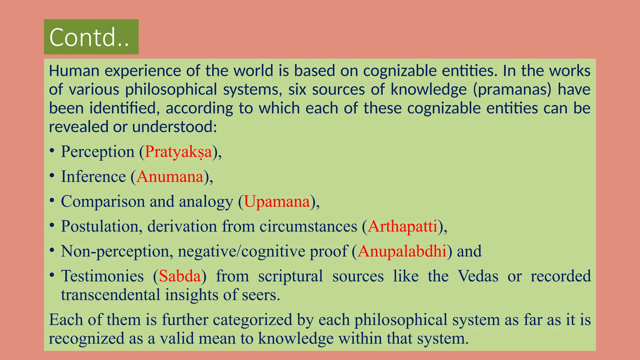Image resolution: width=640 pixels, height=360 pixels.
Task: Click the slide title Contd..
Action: [x=89, y=37]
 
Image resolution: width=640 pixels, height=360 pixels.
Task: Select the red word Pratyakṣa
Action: [x=178, y=152]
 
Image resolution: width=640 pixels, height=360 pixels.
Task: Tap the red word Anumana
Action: [x=170, y=177]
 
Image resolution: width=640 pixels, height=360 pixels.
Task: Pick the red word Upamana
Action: [x=277, y=202]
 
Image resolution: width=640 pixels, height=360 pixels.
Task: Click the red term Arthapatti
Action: [x=402, y=226]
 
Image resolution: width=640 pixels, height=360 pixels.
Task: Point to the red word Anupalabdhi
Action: [x=402, y=251]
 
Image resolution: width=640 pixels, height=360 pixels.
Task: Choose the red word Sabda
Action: [x=180, y=276]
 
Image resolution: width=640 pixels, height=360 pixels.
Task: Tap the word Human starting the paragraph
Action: [x=74, y=71]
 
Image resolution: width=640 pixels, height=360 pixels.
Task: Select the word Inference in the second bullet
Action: [x=93, y=177]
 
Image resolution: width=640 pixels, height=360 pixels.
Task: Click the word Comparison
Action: [x=103, y=202]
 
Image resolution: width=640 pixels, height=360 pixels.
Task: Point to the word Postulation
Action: [x=99, y=226]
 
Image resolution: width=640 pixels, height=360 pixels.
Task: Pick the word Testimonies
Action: [x=102, y=276]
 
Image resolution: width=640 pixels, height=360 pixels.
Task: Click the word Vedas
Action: [x=478, y=276]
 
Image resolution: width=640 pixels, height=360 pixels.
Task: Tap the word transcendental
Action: [x=110, y=295]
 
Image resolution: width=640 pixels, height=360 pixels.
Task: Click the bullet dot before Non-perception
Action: [x=52, y=250]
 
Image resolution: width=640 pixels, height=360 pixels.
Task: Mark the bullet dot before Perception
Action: [x=52, y=151]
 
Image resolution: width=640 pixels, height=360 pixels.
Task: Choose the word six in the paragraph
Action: [x=297, y=90]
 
